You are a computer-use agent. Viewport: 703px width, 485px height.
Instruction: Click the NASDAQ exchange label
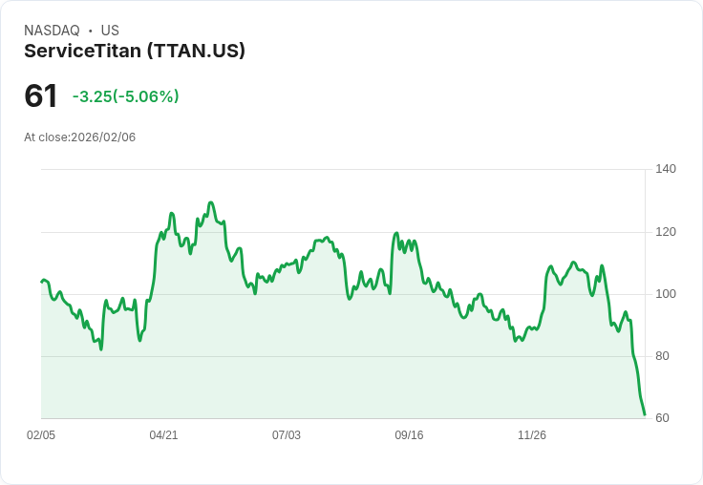pos(52,31)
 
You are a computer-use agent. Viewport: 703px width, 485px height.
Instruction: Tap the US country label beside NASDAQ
pos(110,31)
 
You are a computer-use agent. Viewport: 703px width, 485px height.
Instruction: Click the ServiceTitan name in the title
pos(83,51)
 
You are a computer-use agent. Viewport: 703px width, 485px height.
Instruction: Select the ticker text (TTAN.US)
pos(196,51)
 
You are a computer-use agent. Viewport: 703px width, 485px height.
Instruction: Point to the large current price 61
pos(41,95)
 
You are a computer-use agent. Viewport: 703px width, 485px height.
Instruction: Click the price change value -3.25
pos(92,96)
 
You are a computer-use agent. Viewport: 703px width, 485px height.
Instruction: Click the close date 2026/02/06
pos(103,137)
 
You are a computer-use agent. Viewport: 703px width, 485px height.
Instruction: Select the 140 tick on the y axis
pos(665,169)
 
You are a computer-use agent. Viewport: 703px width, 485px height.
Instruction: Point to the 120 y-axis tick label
pos(665,232)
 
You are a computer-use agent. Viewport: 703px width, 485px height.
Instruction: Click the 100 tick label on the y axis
pos(665,294)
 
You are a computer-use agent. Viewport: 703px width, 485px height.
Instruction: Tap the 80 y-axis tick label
pos(661,356)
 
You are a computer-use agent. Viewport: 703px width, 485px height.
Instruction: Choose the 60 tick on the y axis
pos(661,418)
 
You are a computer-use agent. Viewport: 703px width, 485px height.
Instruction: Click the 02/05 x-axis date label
pos(41,435)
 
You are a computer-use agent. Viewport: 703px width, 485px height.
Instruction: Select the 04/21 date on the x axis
pos(163,435)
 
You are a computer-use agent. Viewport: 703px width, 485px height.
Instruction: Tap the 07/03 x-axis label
pos(287,435)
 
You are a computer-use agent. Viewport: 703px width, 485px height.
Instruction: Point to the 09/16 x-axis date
pos(409,435)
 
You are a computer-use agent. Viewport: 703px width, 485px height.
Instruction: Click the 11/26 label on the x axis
pos(532,435)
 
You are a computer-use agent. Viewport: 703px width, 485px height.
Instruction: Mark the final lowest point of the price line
pos(645,414)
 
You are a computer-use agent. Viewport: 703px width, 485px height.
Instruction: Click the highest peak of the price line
pos(210,202)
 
